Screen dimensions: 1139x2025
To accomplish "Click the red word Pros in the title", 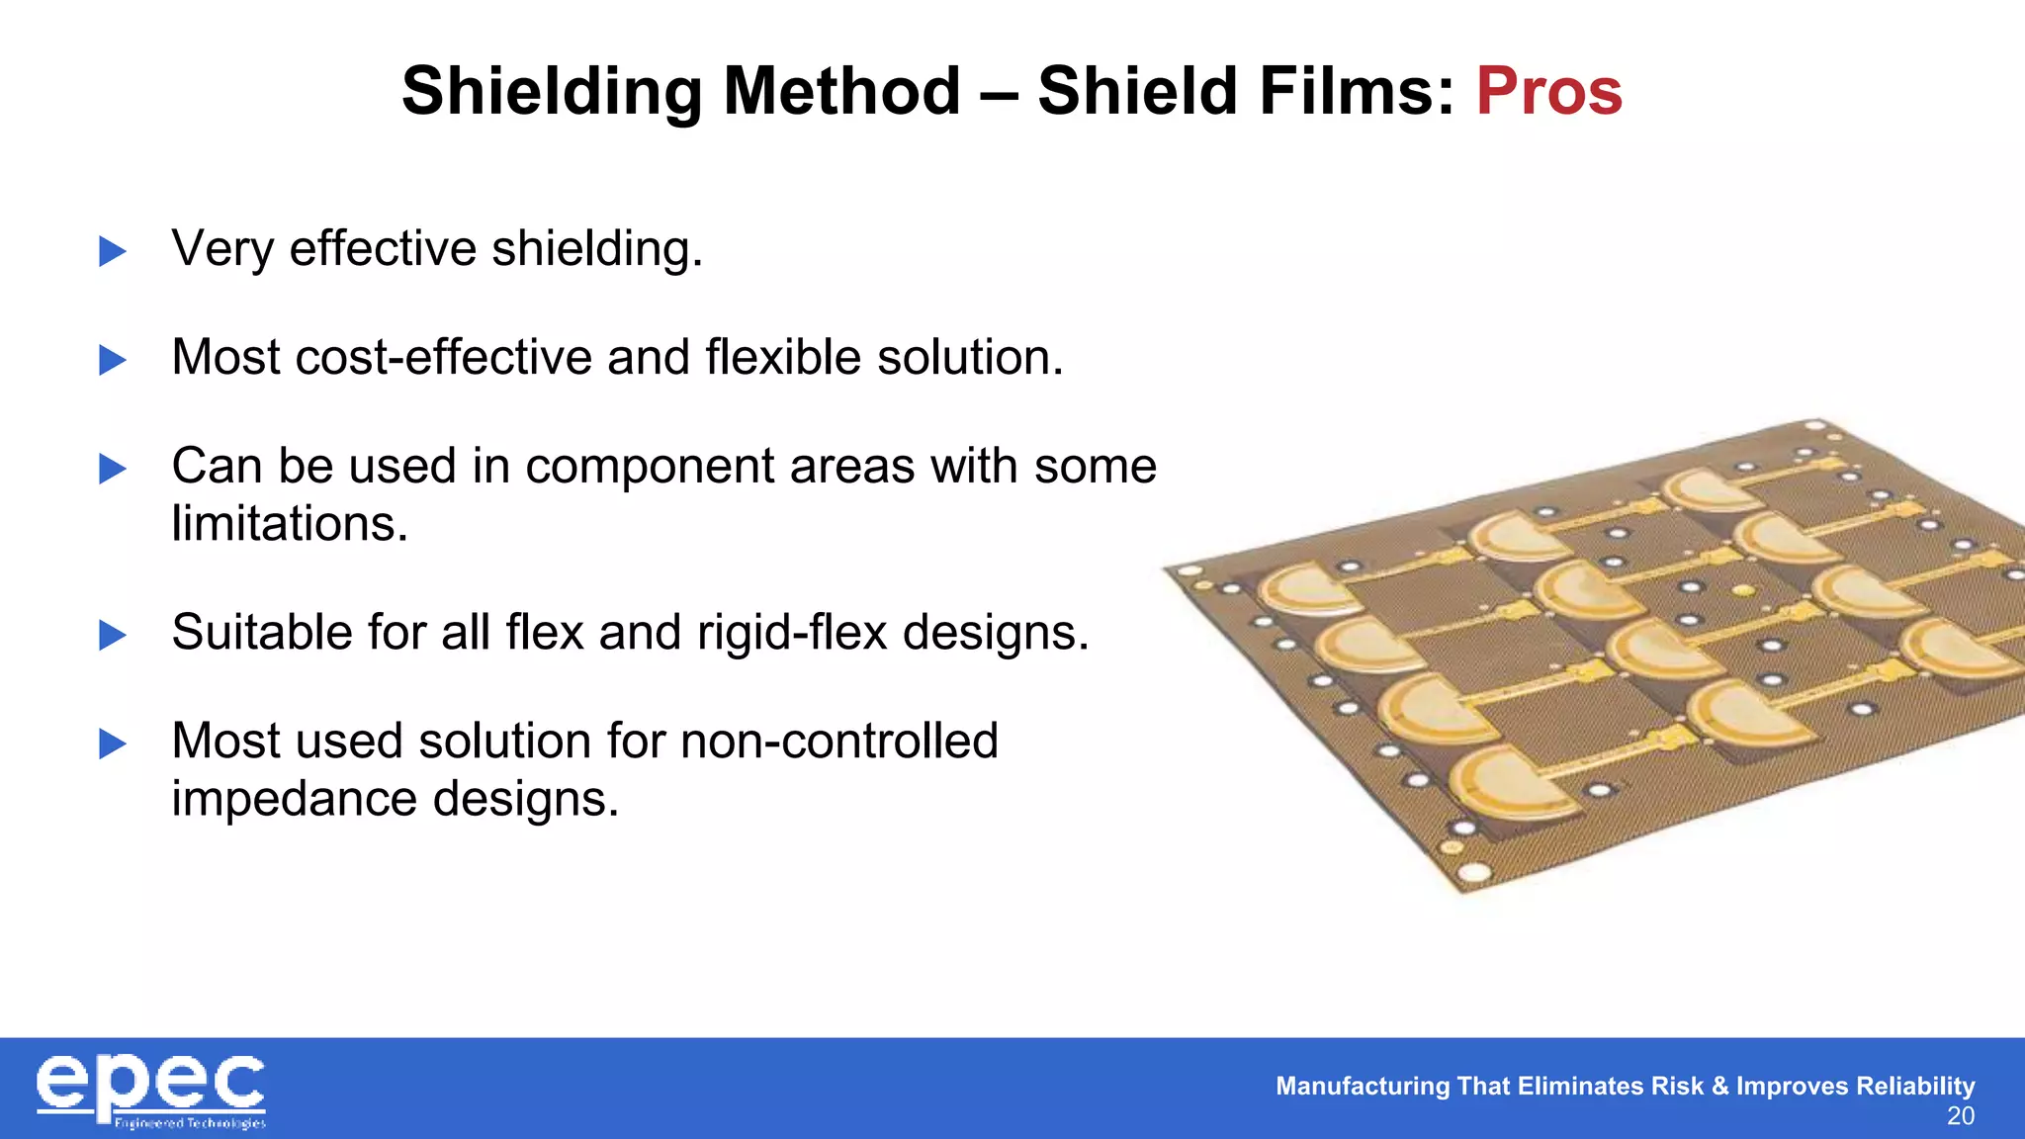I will [x=1548, y=91].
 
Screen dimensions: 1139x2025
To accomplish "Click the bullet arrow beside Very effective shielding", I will [x=113, y=251].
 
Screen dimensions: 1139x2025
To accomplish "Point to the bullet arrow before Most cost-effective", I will [x=113, y=360].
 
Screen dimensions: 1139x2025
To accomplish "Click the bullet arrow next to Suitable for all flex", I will [x=113, y=635].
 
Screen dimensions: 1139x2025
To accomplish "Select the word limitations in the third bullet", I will [x=289, y=523].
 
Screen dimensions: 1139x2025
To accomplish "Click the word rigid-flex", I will [x=792, y=633].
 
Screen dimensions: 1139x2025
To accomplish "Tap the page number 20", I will [x=1960, y=1116].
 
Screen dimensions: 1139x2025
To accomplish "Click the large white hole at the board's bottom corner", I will [x=1473, y=872].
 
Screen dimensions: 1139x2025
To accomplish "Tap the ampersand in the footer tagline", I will [x=1719, y=1086].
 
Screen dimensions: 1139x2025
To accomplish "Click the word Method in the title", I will [x=841, y=91].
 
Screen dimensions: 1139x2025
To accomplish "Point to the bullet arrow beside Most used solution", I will [x=113, y=744].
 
